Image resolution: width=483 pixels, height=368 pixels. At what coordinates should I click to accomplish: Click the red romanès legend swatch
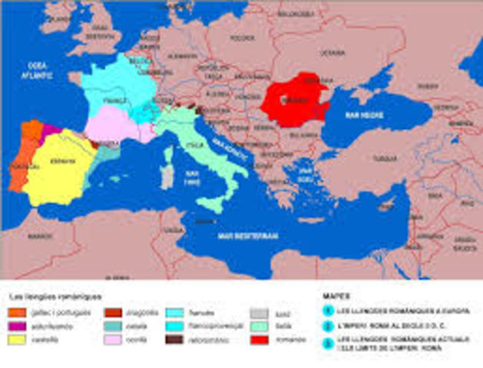[x=259, y=338]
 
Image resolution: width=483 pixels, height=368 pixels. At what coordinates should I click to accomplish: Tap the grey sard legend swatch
[x=259, y=312]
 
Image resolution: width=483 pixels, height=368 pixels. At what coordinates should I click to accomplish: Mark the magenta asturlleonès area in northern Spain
[x=50, y=130]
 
